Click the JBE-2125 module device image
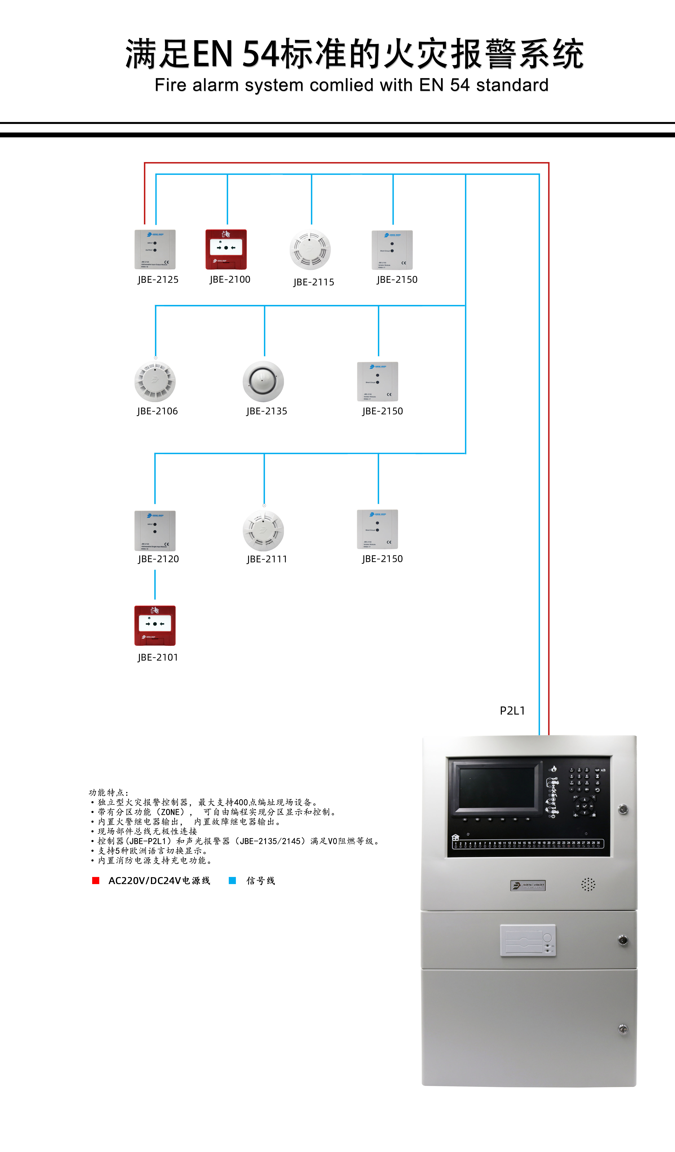click(155, 250)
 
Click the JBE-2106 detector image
click(155, 381)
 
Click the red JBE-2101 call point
click(155, 625)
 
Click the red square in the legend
click(96, 881)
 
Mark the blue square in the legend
click(232, 881)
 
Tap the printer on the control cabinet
click(528, 940)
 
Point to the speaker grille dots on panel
click(588, 885)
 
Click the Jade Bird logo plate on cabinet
click(528, 886)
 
